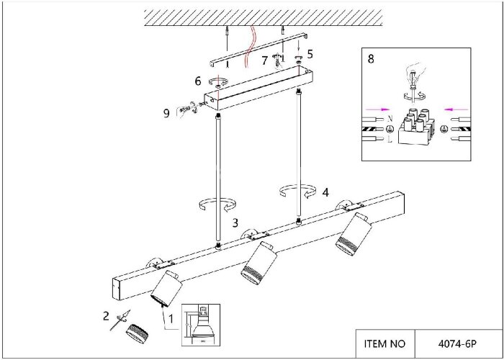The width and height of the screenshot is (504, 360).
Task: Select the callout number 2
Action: (106, 315)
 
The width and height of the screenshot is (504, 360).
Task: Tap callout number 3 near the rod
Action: (235, 223)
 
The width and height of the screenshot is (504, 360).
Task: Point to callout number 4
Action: (326, 192)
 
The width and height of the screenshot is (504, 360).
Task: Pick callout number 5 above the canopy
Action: (310, 53)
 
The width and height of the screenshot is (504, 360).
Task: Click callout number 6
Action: (197, 81)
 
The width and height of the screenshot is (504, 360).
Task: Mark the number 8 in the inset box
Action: (370, 59)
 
